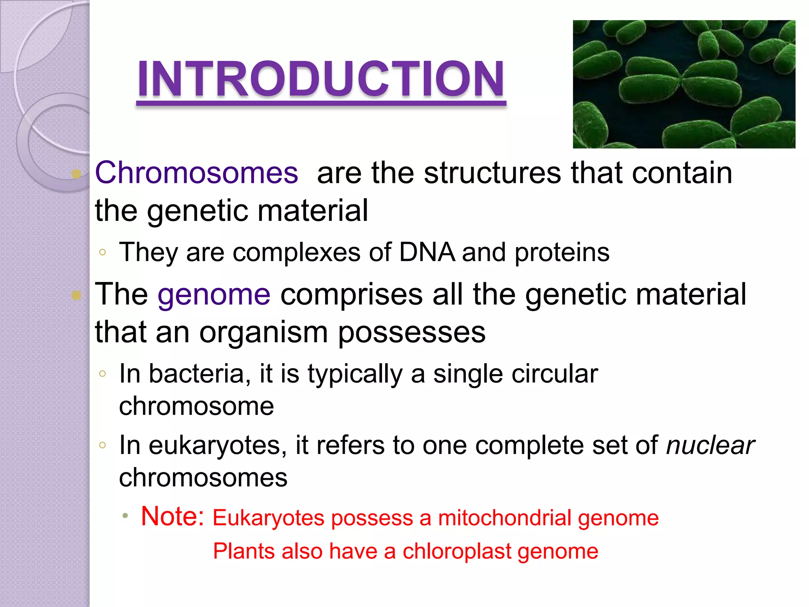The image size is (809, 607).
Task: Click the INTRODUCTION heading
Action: [321, 79]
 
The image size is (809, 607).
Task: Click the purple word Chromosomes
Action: [196, 173]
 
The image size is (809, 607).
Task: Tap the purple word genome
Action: [214, 294]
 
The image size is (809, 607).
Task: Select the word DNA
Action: [427, 252]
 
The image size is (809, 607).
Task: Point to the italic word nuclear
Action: [710, 445]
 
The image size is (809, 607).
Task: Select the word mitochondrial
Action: [504, 518]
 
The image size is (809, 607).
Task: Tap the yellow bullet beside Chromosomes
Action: [76, 174]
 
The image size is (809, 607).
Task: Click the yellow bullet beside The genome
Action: [76, 295]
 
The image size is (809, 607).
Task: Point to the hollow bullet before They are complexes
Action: [102, 252]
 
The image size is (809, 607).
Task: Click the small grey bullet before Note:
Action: [125, 516]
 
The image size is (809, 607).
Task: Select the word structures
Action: [492, 173]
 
